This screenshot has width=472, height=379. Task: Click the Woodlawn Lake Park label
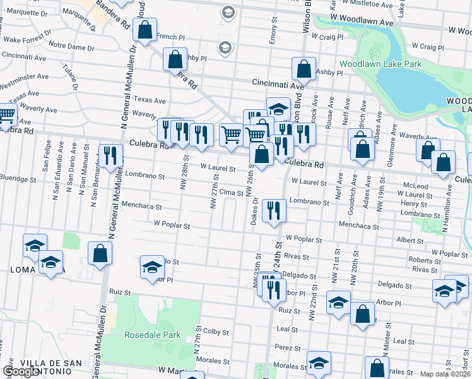click(380, 64)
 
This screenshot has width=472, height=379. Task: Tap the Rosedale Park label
click(152, 335)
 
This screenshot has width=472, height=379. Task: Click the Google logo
click(21, 371)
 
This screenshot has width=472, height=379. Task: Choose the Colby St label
click(215, 331)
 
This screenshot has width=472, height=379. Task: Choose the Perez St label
click(286, 347)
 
